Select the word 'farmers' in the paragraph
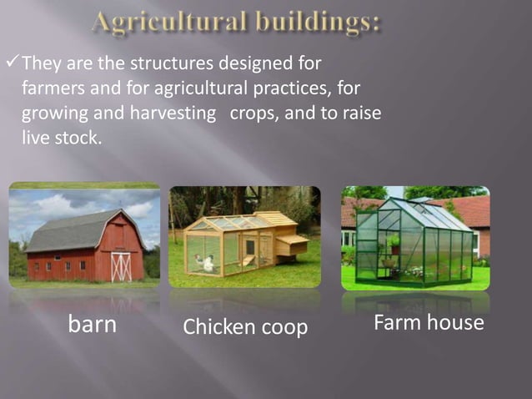(49, 88)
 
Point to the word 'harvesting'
(172, 113)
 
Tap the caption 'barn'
(92, 324)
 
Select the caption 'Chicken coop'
(245, 327)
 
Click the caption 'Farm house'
(428, 322)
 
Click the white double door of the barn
(122, 266)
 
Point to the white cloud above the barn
(50, 205)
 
